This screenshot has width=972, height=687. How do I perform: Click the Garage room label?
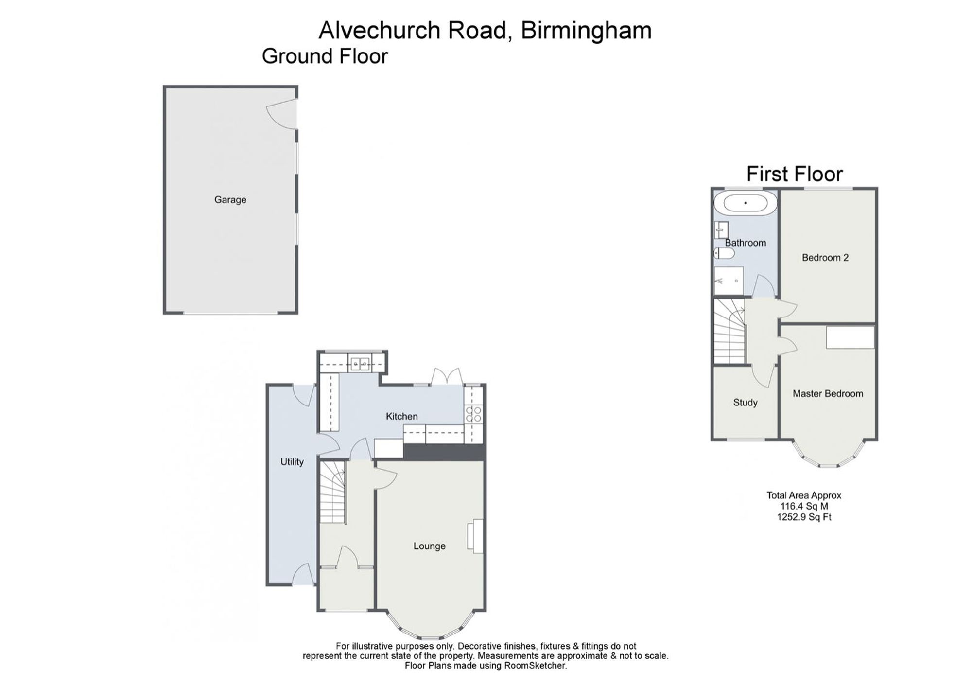pos(230,200)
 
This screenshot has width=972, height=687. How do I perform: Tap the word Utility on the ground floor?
pos(292,462)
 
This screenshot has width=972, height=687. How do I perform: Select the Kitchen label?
pos(402,416)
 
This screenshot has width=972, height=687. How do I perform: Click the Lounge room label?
pos(430,546)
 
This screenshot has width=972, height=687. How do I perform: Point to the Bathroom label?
pos(746,243)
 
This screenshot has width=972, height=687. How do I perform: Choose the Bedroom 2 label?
pos(825,258)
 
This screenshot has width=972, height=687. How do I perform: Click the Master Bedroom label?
pos(828,394)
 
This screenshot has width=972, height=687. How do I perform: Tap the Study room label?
pos(746,403)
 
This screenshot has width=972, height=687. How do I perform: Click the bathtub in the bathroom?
pos(746,203)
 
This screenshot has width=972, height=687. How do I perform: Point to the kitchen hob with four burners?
pos(474,414)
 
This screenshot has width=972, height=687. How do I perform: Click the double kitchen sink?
pos(360,363)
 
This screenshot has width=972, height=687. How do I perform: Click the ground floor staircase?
pos(332,492)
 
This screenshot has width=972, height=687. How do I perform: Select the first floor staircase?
pos(729,331)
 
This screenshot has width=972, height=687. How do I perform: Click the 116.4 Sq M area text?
pos(804,506)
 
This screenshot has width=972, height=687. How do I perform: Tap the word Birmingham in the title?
pos(586,31)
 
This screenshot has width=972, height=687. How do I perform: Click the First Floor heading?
pos(795,174)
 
